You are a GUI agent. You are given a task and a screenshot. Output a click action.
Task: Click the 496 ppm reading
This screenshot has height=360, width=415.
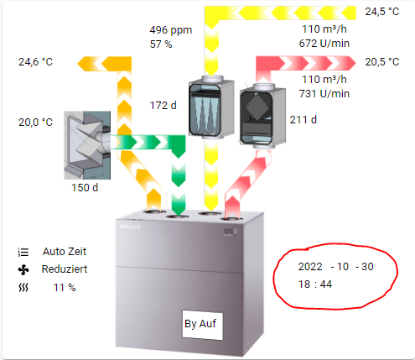171,30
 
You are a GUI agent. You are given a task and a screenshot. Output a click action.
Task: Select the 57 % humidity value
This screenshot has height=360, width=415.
161,44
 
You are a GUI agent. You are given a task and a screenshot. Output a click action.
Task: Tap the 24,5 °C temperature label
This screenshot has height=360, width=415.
382,12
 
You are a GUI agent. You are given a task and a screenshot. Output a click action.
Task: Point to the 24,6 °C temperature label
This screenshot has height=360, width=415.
35,62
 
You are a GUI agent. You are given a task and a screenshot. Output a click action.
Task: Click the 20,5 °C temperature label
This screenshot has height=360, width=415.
382,62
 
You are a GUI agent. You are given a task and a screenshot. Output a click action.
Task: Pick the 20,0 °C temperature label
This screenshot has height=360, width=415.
35,123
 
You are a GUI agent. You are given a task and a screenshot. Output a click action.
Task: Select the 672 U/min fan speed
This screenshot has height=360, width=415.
324,44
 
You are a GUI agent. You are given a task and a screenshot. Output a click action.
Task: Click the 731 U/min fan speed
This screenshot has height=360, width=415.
324,94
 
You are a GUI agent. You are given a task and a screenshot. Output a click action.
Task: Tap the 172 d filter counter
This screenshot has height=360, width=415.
163,106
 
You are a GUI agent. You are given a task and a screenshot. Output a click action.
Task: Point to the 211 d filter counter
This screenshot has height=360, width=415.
303,120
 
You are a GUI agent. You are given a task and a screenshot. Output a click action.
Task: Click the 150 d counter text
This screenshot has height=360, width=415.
85,188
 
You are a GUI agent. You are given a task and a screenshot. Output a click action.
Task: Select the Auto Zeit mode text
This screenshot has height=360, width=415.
65,252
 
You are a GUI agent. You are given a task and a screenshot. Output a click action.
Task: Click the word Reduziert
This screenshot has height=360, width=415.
65,269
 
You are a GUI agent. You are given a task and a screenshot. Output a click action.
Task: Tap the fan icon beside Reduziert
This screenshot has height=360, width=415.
23,270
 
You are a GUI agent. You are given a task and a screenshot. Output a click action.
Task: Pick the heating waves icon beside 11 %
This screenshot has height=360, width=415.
23,287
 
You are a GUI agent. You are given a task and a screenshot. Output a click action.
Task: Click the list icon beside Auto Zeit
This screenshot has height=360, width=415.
23,252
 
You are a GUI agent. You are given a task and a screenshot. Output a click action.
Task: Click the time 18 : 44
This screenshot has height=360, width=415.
315,284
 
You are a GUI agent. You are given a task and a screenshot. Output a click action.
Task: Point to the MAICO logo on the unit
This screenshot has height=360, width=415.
130,227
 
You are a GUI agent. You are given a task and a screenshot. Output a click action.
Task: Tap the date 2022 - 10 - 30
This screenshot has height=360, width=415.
335,267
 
